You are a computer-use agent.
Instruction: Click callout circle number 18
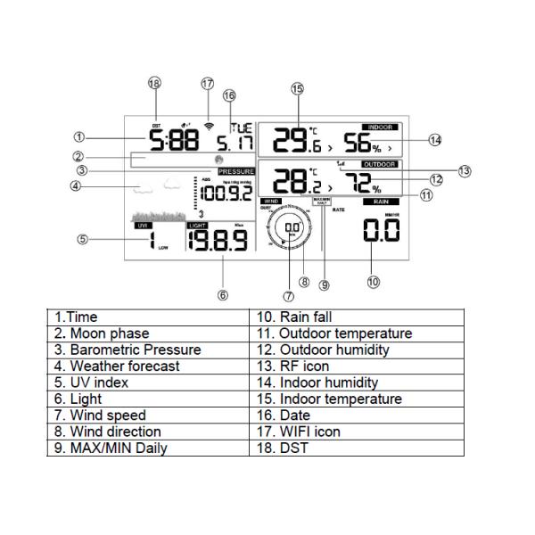coord(155,83)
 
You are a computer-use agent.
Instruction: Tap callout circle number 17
coord(208,83)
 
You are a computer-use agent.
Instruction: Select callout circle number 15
coord(297,88)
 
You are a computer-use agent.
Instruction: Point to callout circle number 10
coord(373,282)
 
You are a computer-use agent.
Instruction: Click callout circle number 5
coord(82,239)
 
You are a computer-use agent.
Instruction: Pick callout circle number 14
coord(434,140)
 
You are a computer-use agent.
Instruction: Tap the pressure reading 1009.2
coord(226,192)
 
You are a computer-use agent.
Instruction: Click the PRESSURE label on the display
coord(236,170)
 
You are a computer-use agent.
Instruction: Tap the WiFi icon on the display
coord(209,126)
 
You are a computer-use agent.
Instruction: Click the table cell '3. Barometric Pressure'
coord(147,350)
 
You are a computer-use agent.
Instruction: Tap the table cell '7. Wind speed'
coord(147,415)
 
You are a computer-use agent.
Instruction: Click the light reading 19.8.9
coord(217,240)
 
